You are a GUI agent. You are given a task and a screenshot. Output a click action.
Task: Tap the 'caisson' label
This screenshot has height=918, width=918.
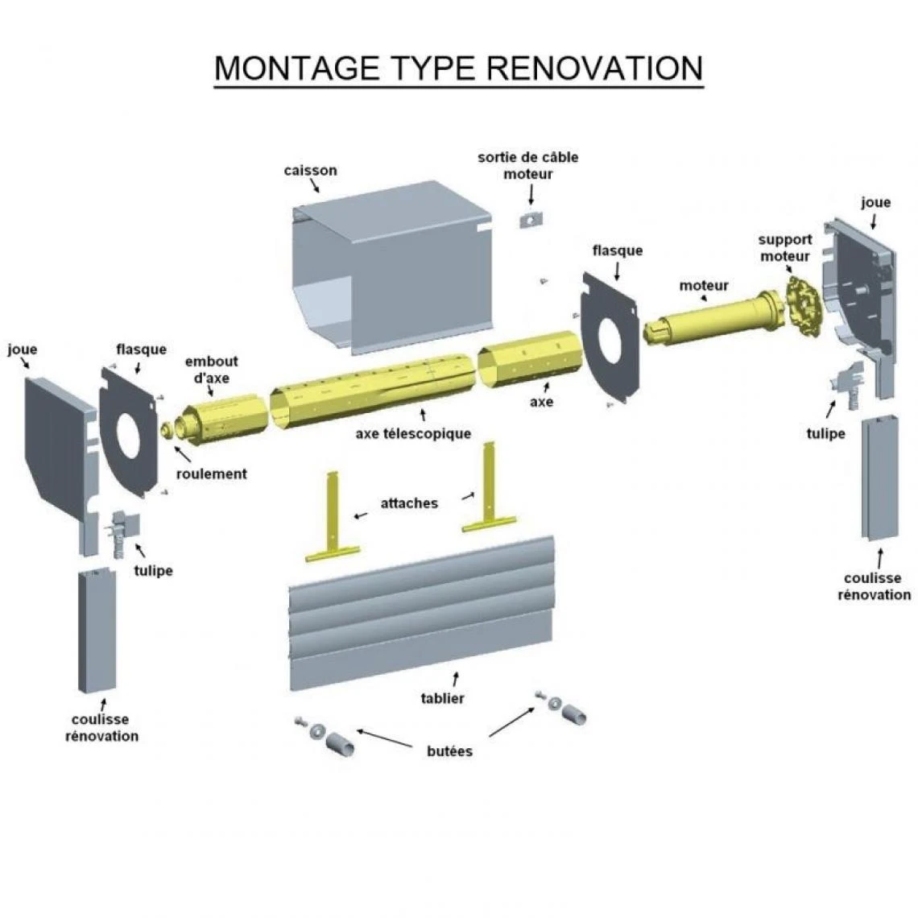pyautogui.click(x=310, y=171)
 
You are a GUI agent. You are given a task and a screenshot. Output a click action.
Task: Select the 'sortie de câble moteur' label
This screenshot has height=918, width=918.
pyautogui.click(x=527, y=165)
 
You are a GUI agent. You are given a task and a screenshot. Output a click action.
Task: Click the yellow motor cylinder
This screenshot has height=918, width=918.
pyautogui.click(x=709, y=319)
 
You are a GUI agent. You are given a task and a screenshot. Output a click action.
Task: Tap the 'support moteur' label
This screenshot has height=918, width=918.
pyautogui.click(x=784, y=247)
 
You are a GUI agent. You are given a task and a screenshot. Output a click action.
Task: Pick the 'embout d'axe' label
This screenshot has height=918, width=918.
pyautogui.click(x=211, y=370)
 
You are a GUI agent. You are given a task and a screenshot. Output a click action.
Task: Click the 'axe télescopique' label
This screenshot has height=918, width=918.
pyautogui.click(x=413, y=434)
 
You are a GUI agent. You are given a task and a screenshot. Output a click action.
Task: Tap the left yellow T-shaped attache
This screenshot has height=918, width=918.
pyautogui.click(x=333, y=523)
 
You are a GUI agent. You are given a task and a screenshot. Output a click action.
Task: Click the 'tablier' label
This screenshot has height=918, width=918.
pyautogui.click(x=442, y=698)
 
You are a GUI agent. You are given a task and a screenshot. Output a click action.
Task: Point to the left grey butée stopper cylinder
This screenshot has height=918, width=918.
pyautogui.click(x=340, y=743)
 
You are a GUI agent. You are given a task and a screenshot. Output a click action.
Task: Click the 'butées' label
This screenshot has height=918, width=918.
pyautogui.click(x=449, y=751)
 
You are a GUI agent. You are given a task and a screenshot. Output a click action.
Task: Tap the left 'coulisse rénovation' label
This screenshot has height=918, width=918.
pyautogui.click(x=101, y=727)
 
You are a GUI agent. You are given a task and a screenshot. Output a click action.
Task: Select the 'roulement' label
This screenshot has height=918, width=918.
pyautogui.click(x=211, y=473)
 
